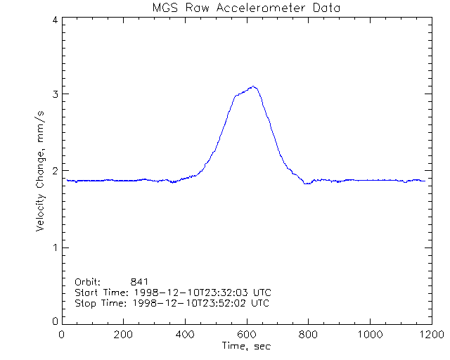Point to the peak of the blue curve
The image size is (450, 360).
[x=254, y=86]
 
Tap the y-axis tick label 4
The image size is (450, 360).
[x=54, y=20]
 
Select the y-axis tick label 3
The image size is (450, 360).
[x=54, y=94]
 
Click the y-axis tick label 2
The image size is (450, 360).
[x=54, y=171]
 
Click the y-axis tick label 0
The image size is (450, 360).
[x=54, y=321]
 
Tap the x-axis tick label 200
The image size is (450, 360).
[x=124, y=335]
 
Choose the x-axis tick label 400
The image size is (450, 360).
[x=185, y=335]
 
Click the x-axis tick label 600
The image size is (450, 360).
[x=247, y=335]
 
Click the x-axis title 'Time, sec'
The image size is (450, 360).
[x=246, y=346]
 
